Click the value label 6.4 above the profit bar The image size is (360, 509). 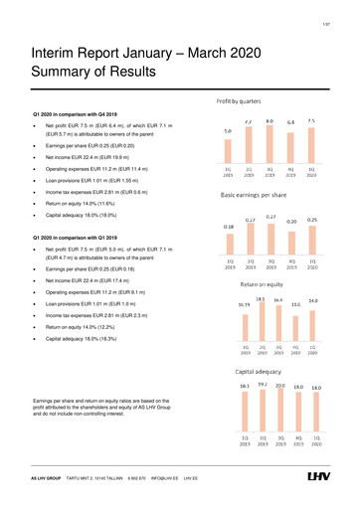coord(290,121)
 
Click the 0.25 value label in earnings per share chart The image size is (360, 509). coord(312,218)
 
